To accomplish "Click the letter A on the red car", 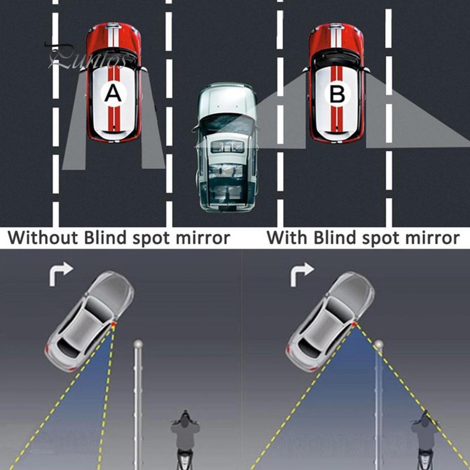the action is pyautogui.click(x=113, y=93).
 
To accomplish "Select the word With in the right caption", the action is pyautogui.click(x=287, y=238).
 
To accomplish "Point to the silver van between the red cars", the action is pyautogui.click(x=227, y=147).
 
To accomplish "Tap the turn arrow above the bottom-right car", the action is pyautogui.click(x=302, y=274).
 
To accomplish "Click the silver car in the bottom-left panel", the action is pyautogui.click(x=90, y=321).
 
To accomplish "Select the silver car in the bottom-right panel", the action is pyautogui.click(x=330, y=321).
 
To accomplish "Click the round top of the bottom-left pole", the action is pyautogui.click(x=138, y=344).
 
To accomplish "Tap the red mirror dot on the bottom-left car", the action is pyautogui.click(x=113, y=325).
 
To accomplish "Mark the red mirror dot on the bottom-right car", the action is pyautogui.click(x=354, y=325).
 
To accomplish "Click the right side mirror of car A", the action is pyautogui.click(x=144, y=70).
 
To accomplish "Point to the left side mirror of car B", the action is pyautogui.click(x=306, y=70).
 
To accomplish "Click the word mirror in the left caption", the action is pyautogui.click(x=203, y=238).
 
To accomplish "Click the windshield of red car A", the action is pyautogui.click(x=113, y=57).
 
